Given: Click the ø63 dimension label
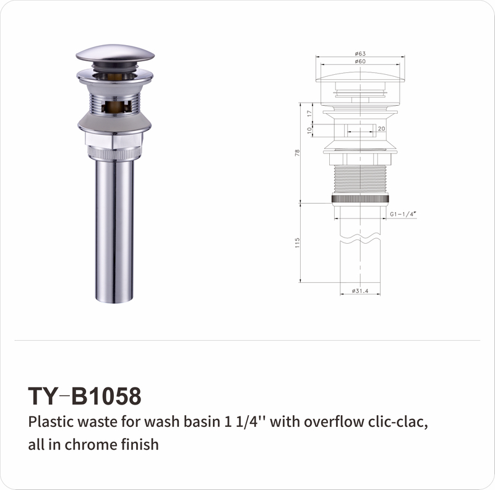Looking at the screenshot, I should [x=359, y=54].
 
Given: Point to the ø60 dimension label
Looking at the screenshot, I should [x=359, y=62].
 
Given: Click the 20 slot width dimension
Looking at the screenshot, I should [x=381, y=128].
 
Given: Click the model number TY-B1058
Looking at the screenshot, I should [x=85, y=395].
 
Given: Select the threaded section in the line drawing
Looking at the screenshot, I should [x=359, y=179].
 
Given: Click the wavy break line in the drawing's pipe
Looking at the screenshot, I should [x=359, y=237].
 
